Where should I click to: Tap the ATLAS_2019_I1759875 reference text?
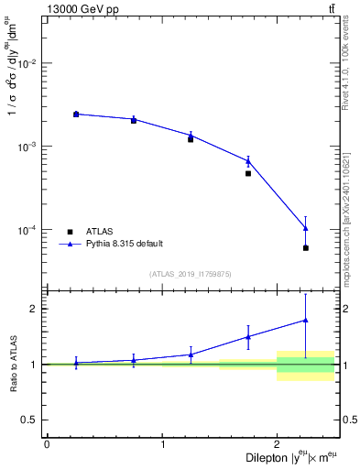pos(190,274)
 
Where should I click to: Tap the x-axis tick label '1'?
pos(162,443)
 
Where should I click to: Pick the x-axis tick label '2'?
pos(278,443)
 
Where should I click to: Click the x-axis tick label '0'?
pos(47,443)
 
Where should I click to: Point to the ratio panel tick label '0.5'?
pos(32,420)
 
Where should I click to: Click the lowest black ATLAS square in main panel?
pos(306,248)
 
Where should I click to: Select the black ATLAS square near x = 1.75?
pos(248,173)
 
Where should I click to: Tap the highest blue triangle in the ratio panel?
pos(306,320)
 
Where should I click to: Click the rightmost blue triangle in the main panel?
pos(306,228)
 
